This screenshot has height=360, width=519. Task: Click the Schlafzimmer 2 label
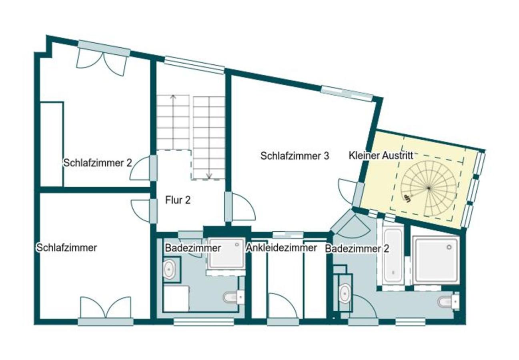98,163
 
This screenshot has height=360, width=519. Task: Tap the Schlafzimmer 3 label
295,156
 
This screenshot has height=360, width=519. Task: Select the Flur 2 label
178,200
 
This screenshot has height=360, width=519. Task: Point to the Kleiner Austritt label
381,156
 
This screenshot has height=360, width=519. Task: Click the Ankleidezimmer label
281,248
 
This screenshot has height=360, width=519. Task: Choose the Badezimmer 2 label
357,249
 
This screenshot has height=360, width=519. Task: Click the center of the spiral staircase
429,188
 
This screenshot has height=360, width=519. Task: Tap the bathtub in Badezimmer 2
394,256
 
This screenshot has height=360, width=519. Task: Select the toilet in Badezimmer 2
447,301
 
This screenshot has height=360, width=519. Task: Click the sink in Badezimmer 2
345,294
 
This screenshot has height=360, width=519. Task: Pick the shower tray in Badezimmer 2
437,259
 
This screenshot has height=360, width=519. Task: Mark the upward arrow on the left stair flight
172,97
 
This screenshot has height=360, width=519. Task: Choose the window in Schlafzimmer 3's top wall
347,93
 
